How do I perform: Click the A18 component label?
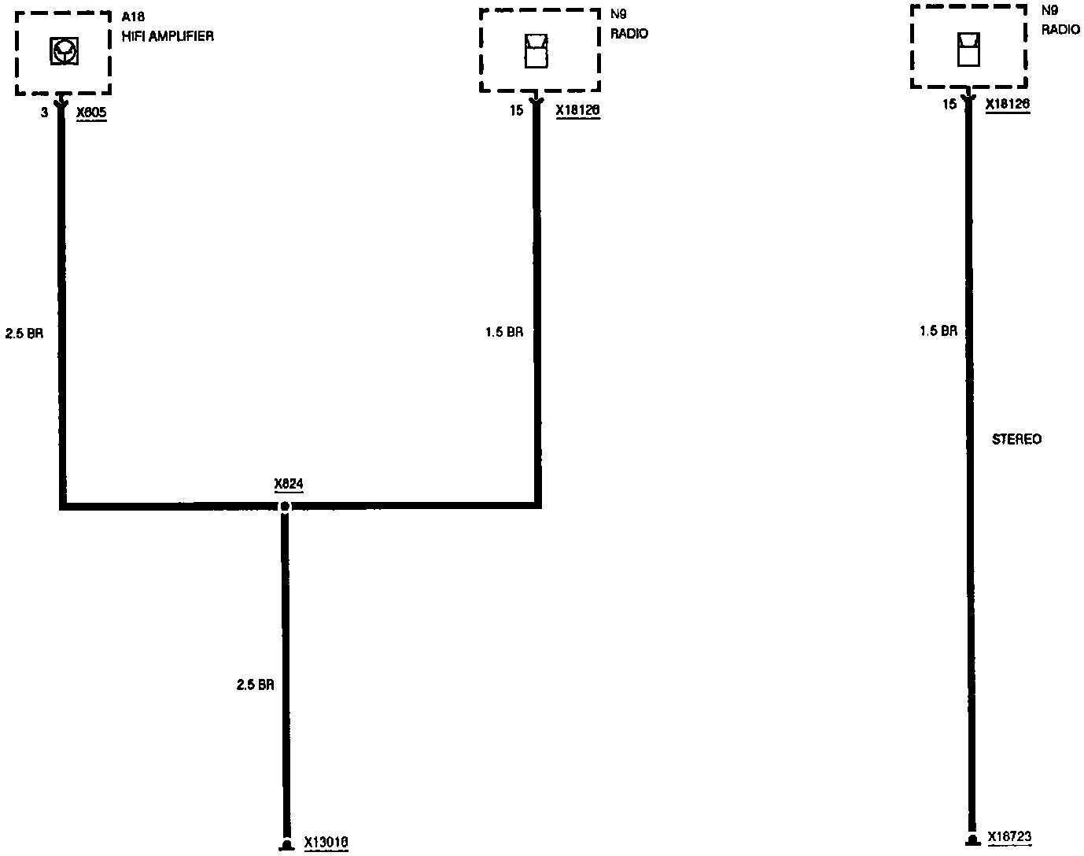[x=133, y=17]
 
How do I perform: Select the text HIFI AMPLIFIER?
[x=168, y=36]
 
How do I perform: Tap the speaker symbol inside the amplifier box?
[x=64, y=51]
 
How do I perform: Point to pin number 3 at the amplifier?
[x=44, y=113]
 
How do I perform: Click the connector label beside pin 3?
[x=91, y=112]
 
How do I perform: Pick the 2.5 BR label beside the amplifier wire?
[x=24, y=333]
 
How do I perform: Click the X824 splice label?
[x=289, y=484]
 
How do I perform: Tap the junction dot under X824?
[x=285, y=507]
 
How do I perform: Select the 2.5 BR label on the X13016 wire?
[x=256, y=684]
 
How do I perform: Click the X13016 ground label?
[x=326, y=843]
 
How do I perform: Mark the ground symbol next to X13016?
[x=286, y=845]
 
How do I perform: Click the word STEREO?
[x=1016, y=439]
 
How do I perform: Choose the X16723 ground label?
[x=1009, y=837]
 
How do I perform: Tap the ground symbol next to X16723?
[x=972, y=840]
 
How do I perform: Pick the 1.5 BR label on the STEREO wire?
[x=938, y=331]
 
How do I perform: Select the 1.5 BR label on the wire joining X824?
[x=504, y=332]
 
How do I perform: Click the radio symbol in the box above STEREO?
[x=968, y=50]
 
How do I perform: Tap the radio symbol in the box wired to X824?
[x=536, y=51]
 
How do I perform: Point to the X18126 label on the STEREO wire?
[x=1008, y=104]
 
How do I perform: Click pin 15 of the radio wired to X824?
[x=516, y=110]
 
